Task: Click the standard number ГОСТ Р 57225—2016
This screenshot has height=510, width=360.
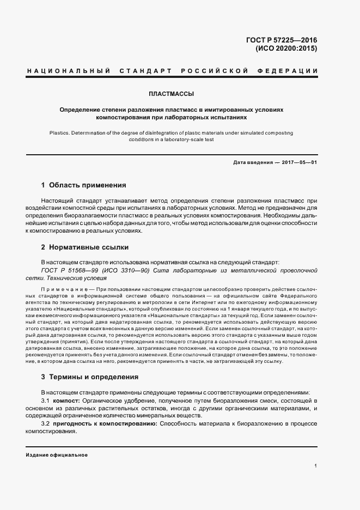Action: click(x=282, y=40)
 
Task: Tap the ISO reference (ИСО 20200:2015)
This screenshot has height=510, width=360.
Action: click(x=286, y=48)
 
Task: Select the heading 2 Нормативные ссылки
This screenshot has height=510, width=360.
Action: click(x=84, y=247)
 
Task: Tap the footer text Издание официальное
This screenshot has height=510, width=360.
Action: click(x=57, y=455)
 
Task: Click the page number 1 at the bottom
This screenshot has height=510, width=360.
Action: click(x=316, y=465)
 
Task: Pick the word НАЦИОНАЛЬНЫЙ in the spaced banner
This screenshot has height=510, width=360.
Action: click(x=68, y=71)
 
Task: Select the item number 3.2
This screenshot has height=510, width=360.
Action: click(x=46, y=423)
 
